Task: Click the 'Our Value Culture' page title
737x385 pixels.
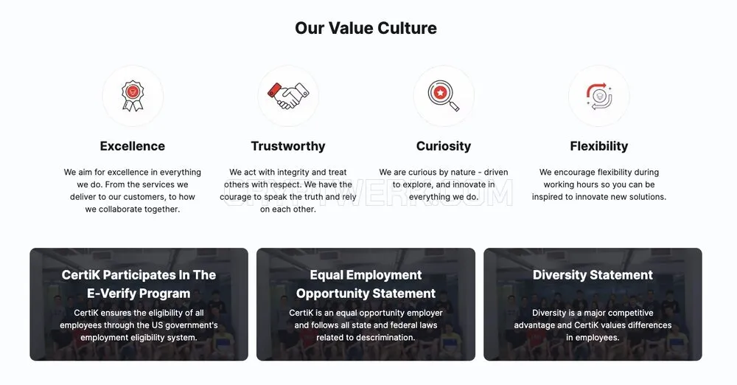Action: tap(366, 28)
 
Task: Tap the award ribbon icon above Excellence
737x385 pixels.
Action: tap(133, 96)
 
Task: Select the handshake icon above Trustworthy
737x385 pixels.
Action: tap(288, 96)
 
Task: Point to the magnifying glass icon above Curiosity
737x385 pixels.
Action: tap(443, 96)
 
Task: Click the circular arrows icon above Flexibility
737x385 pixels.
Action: tap(598, 96)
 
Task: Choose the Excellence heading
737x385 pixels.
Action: tap(133, 146)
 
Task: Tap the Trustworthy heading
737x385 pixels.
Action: tap(288, 146)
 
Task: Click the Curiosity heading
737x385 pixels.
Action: tap(444, 146)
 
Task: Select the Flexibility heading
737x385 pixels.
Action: tap(598, 146)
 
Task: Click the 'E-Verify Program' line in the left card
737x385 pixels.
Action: tap(139, 294)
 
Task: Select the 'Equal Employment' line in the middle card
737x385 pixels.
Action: tap(366, 275)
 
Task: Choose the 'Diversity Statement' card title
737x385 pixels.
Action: tap(593, 275)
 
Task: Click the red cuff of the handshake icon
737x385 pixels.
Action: tap(274, 90)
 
